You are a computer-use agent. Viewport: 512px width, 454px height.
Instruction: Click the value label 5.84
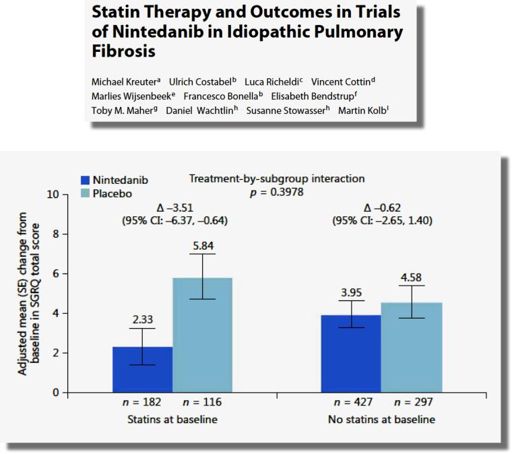coord(203,247)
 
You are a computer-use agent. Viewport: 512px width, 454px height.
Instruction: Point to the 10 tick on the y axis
coord(53,195)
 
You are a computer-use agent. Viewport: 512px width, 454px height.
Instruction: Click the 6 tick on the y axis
coord(56,274)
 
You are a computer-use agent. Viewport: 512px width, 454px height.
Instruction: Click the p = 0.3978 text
coord(276,192)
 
